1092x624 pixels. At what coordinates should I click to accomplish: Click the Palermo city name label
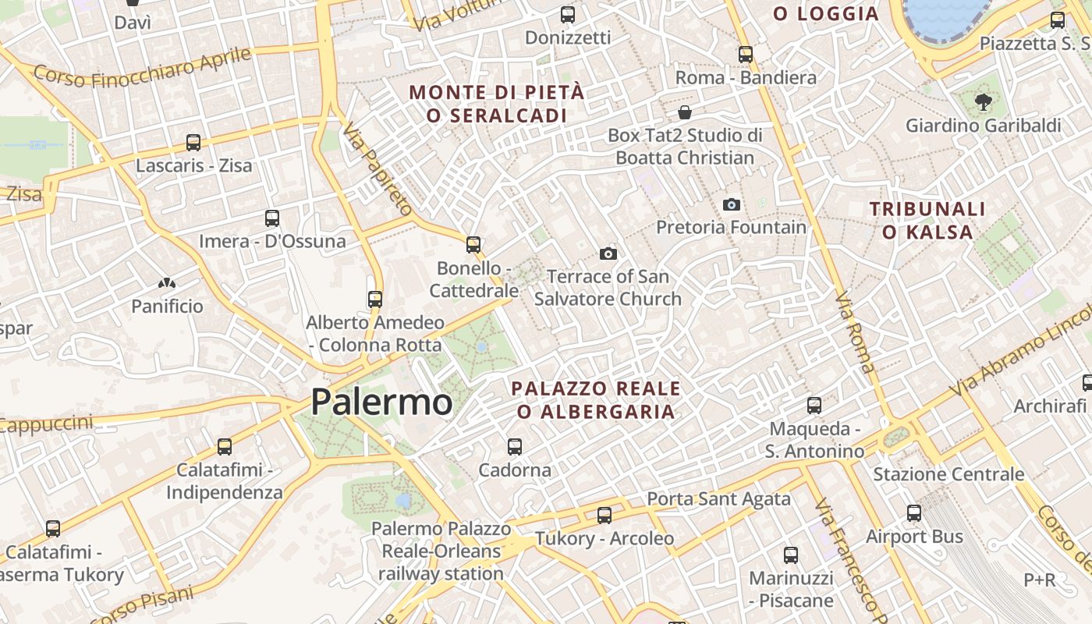coord(381,402)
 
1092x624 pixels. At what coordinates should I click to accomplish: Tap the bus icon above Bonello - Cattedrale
coord(473,245)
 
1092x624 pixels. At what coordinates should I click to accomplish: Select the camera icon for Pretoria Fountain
coord(732,204)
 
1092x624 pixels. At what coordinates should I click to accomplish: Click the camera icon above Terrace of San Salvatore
coord(608,253)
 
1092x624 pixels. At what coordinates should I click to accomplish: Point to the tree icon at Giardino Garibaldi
coord(983,101)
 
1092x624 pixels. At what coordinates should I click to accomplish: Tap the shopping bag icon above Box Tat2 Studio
coord(685,112)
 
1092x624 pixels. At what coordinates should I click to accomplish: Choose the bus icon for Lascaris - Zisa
coord(193,143)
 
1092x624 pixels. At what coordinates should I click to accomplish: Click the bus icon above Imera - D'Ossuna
coord(272,218)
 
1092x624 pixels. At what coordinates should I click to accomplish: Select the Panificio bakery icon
coord(166,284)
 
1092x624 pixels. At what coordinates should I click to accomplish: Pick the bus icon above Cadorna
coord(515,447)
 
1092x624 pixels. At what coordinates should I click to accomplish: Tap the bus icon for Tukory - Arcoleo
coord(604,516)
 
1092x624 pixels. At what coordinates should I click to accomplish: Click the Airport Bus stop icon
coord(914,513)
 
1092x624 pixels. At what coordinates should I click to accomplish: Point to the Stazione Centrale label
coord(948,474)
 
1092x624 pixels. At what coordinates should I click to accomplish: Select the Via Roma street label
coord(855,331)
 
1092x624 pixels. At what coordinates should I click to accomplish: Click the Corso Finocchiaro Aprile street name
coord(143,68)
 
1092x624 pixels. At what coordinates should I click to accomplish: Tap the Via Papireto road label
coord(377,168)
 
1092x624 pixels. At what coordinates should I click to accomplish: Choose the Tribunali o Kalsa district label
coord(927,220)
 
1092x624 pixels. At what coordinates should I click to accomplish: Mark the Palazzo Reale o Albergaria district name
coord(596,399)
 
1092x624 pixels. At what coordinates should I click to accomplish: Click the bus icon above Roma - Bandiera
coord(746,55)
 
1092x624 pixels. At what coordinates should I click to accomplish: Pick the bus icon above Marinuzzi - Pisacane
coord(791,555)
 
